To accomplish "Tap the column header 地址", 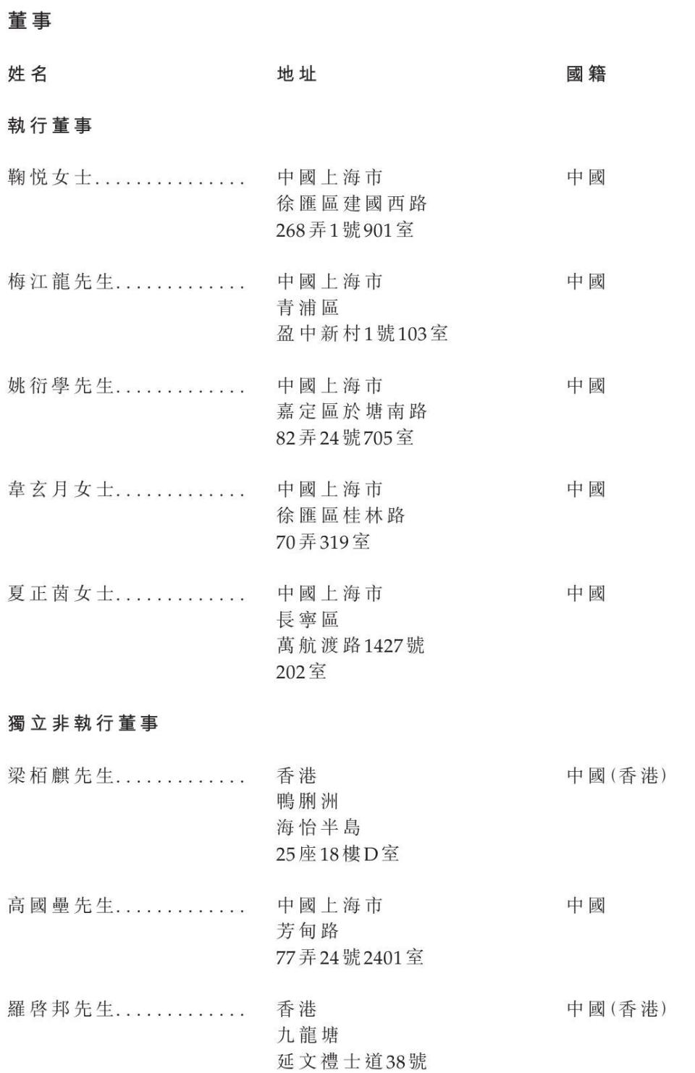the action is pos(297,74).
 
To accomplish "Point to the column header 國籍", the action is pos(586,74).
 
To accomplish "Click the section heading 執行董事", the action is pos(50,126).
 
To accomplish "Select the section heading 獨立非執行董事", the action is pos(83,723).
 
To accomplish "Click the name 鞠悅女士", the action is pos(50,178).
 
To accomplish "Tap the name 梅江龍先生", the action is pos(61,282).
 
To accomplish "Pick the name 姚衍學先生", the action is pos(61,386).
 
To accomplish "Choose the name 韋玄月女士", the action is pos(61,490).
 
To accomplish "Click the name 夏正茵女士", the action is pos(61,594).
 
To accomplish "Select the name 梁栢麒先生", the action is pos(61,776).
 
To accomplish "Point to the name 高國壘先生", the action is pos(61,906).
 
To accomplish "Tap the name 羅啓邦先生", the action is pos(61,1009).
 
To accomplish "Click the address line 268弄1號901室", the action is pos(345,230).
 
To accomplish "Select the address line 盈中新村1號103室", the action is pos(362,334).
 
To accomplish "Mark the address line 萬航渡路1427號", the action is pos(350,646).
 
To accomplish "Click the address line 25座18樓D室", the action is pos(337,854).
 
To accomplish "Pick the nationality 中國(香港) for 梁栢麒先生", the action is pos(616,776).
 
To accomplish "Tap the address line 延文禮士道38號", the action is pos(352,1061).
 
